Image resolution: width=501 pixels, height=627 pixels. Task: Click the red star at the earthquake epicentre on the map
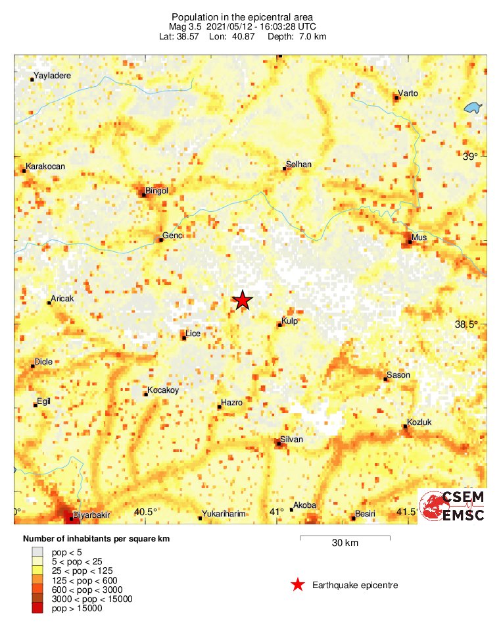click(x=243, y=300)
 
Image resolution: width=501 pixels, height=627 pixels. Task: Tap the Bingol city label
click(x=157, y=191)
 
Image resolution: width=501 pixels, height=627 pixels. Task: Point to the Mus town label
click(x=419, y=237)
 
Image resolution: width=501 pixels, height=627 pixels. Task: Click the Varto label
click(x=408, y=93)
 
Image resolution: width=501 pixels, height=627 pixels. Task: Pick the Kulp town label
click(x=290, y=321)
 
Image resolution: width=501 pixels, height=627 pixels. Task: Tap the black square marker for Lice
click(x=184, y=338)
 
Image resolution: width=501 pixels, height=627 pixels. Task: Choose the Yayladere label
click(x=52, y=76)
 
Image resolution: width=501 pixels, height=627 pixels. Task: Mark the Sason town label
click(x=398, y=375)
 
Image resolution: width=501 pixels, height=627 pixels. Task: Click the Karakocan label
click(x=45, y=166)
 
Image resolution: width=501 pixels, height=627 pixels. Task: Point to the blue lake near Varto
click(x=470, y=108)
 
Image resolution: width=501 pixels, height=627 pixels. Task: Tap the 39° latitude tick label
click(x=470, y=157)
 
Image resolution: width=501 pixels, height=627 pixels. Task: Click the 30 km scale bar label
click(x=345, y=543)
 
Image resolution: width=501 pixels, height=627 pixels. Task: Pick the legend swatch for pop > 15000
click(x=37, y=609)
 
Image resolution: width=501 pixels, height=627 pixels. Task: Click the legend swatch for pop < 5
click(x=37, y=552)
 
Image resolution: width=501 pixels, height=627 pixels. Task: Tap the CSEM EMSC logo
click(x=452, y=506)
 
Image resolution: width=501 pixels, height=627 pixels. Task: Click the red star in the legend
click(x=298, y=585)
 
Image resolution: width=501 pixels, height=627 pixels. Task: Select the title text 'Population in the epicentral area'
click(x=242, y=16)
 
